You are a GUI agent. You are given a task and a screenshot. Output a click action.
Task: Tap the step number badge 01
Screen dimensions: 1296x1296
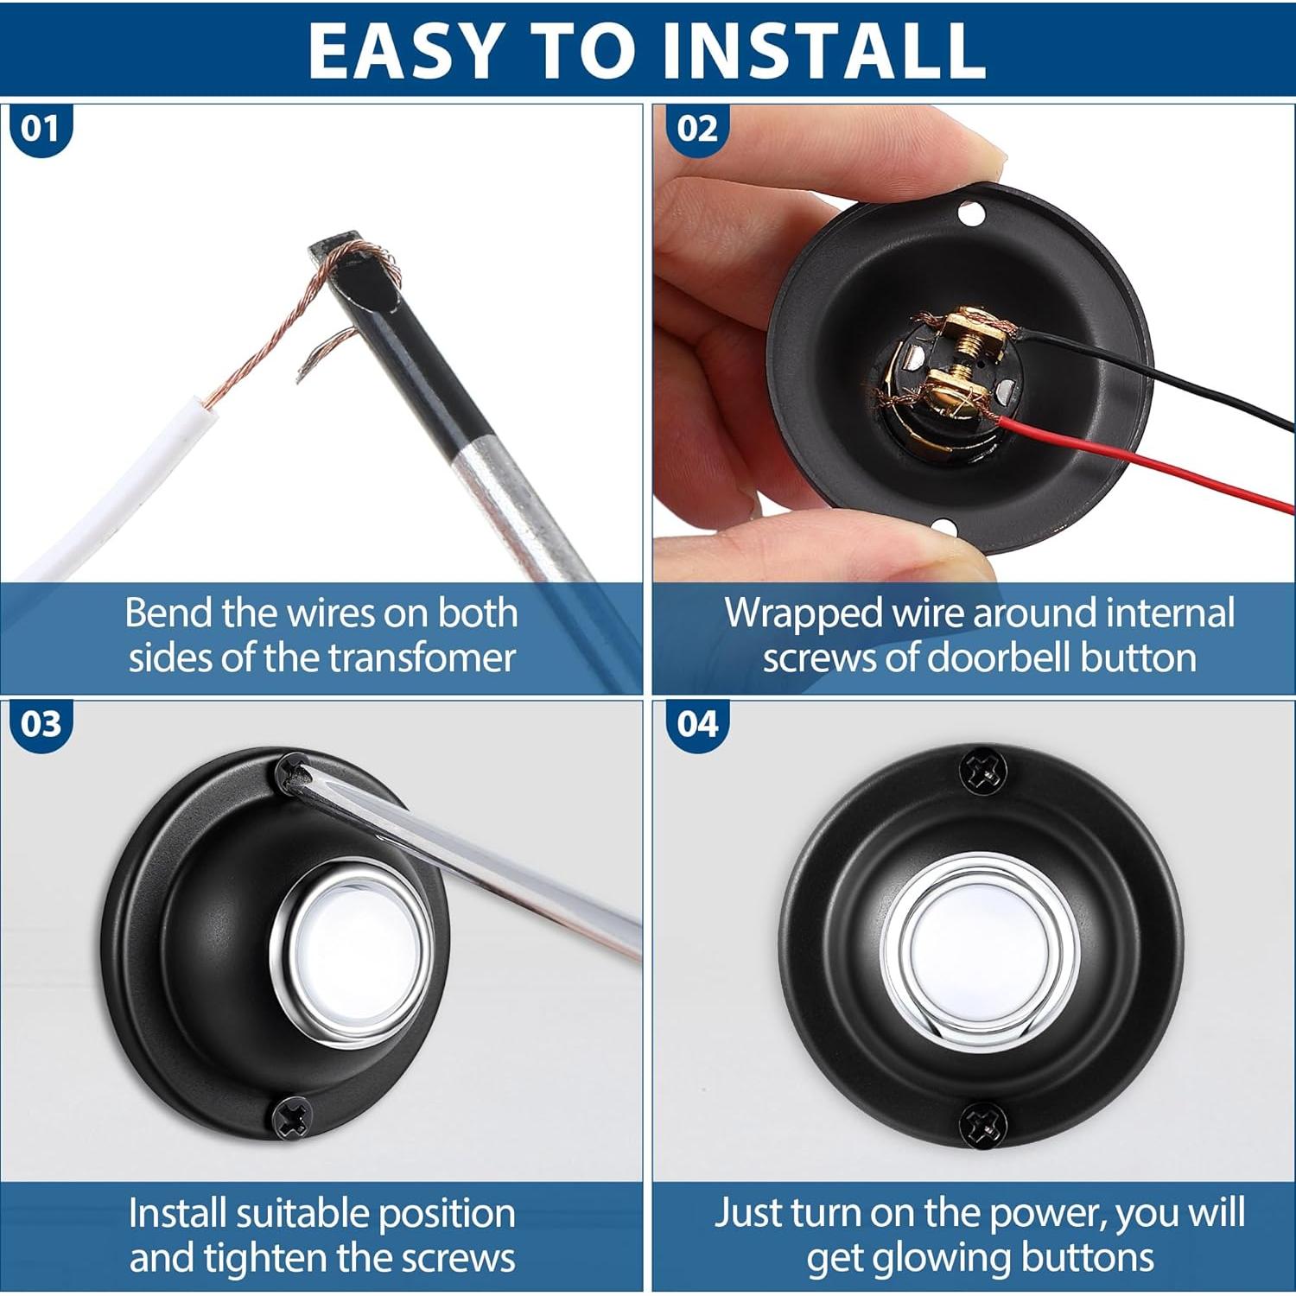coord(40,130)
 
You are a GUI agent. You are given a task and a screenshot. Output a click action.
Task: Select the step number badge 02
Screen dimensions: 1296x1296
coord(696,130)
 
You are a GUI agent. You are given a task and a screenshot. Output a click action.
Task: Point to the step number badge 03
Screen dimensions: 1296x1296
coord(40,724)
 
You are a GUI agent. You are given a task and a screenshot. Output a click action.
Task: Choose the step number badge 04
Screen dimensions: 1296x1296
coord(696,724)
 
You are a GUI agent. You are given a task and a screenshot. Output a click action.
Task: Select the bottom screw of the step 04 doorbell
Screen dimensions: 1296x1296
coord(984,1124)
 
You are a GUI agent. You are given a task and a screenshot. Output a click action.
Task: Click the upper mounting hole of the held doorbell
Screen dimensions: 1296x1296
coord(971,211)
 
